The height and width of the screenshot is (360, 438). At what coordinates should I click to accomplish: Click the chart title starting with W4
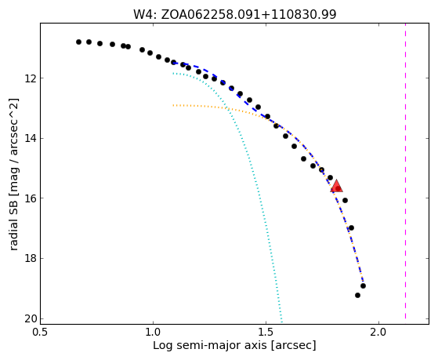[234, 14]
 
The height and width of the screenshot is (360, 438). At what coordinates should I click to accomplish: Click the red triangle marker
[336, 187]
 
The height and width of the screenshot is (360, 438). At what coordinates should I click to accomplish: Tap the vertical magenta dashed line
[405, 171]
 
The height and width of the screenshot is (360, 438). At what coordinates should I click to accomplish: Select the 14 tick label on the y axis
[31, 139]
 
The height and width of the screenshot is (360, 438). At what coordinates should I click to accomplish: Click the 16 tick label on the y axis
[31, 198]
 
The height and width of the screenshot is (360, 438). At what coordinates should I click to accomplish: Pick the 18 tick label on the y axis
[31, 259]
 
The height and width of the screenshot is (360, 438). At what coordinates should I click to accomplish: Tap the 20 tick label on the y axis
[31, 319]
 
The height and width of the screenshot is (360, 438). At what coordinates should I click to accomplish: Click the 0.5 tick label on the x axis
[41, 333]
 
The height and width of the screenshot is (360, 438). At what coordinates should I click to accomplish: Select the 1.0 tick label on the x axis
[153, 333]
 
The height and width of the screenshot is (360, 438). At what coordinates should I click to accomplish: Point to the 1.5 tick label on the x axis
[266, 333]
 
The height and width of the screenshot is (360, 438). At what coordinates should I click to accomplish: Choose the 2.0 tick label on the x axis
[378, 333]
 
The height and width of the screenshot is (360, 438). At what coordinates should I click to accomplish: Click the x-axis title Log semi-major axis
[234, 346]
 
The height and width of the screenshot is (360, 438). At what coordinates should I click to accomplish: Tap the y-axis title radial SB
[14, 174]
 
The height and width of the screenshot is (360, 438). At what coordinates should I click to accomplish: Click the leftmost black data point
[79, 42]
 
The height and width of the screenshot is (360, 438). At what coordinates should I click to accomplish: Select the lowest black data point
[357, 296]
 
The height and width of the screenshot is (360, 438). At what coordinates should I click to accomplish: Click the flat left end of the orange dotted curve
[174, 105]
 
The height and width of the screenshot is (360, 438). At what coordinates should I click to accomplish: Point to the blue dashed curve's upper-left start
[173, 64]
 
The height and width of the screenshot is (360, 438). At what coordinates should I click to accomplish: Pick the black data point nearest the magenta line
[363, 285]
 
